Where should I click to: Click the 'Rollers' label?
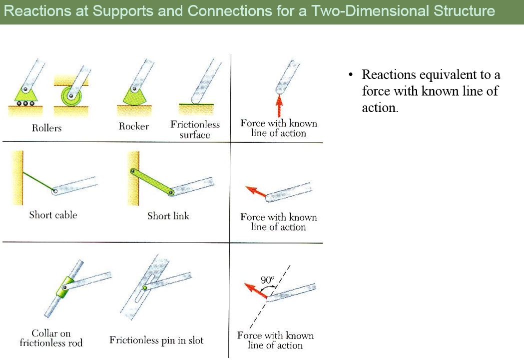coord(46,128)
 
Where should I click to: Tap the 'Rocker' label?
coord(134,126)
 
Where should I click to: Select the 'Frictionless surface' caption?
coord(195,129)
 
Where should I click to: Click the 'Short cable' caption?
coord(53,215)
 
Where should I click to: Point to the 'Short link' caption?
coord(168,216)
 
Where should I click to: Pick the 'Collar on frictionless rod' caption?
coord(51,338)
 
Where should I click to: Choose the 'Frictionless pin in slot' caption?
coord(156,340)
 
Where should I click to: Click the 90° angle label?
coord(267,279)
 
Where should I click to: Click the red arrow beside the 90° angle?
coord(256,290)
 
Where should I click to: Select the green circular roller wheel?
coord(71,96)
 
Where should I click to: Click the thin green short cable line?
coord(38,181)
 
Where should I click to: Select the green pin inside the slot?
coord(145,288)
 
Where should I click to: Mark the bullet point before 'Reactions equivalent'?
coord(350,74)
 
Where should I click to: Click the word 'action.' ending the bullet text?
coord(380,107)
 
